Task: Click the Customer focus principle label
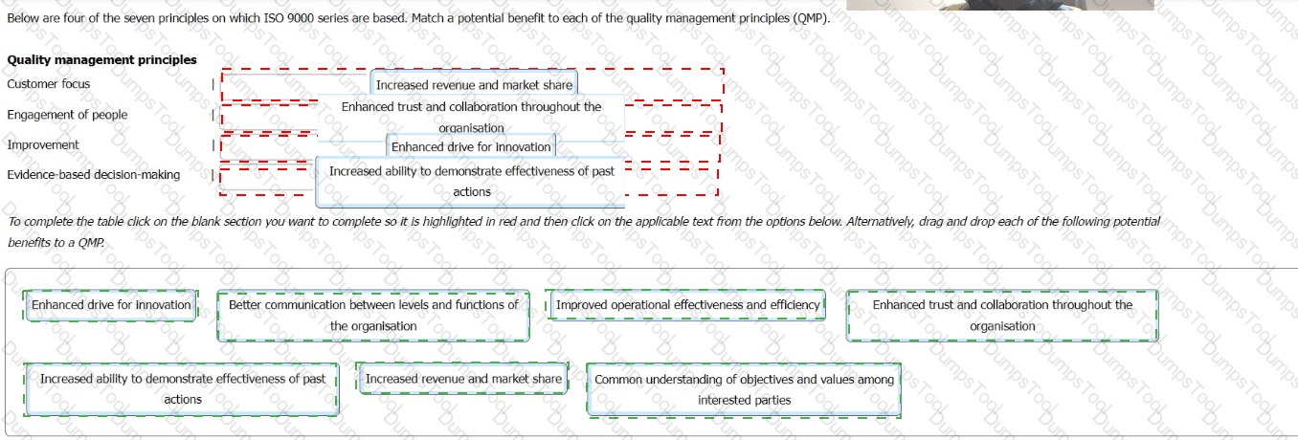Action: tap(49, 84)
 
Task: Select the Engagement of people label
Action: tap(67, 115)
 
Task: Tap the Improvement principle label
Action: tap(43, 144)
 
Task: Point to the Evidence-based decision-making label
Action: tap(93, 175)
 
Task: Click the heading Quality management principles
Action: tap(102, 59)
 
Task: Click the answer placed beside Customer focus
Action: tap(474, 84)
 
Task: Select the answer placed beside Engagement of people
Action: tap(471, 117)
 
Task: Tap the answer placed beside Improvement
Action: tap(471, 147)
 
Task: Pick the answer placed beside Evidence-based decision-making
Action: tap(471, 181)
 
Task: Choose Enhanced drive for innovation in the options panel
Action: tap(111, 305)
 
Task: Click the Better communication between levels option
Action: tap(373, 316)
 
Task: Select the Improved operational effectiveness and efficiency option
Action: tap(688, 305)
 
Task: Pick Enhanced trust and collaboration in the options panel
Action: tap(1002, 316)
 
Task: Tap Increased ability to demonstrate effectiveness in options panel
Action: tap(183, 389)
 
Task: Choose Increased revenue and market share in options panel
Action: tap(463, 379)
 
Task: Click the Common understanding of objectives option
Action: tap(744, 389)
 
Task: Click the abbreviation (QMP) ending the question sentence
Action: tap(811, 18)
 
